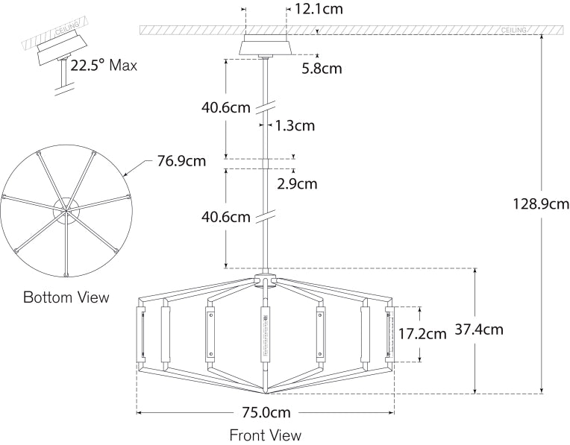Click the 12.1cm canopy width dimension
[x=319, y=10]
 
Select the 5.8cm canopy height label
[x=322, y=69]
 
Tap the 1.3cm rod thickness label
[x=295, y=125]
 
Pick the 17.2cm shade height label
[x=422, y=333]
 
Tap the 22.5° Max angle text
[x=104, y=65]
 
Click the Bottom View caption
[x=66, y=297]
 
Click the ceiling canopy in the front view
[x=266, y=46]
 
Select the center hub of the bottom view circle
[x=66, y=209]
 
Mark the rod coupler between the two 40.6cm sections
[x=266, y=163]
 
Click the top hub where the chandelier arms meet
[x=265, y=280]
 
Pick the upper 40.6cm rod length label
[x=225, y=107]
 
